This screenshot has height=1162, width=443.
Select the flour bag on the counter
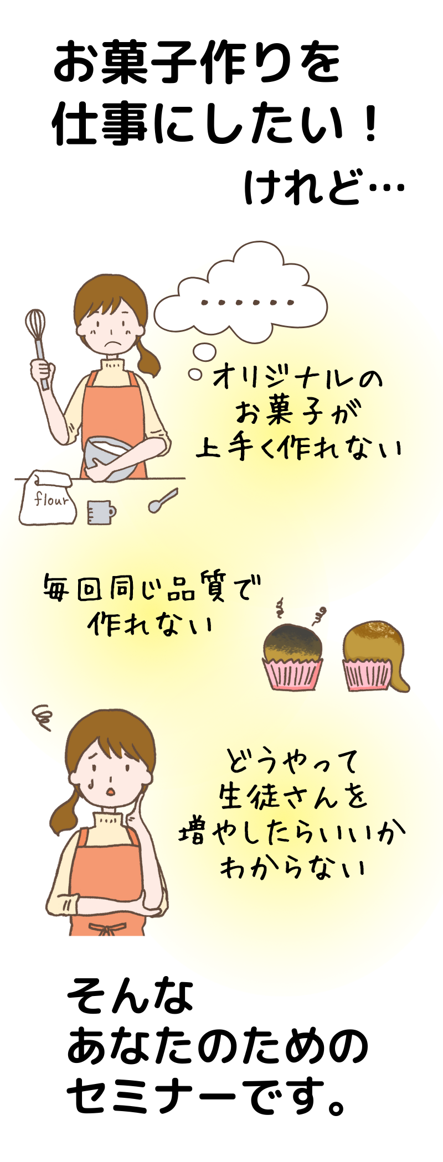(x=48, y=497)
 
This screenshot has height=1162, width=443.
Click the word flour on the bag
(x=51, y=499)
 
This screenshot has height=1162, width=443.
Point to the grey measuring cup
(x=101, y=512)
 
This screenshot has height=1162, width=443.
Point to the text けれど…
(x=324, y=186)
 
